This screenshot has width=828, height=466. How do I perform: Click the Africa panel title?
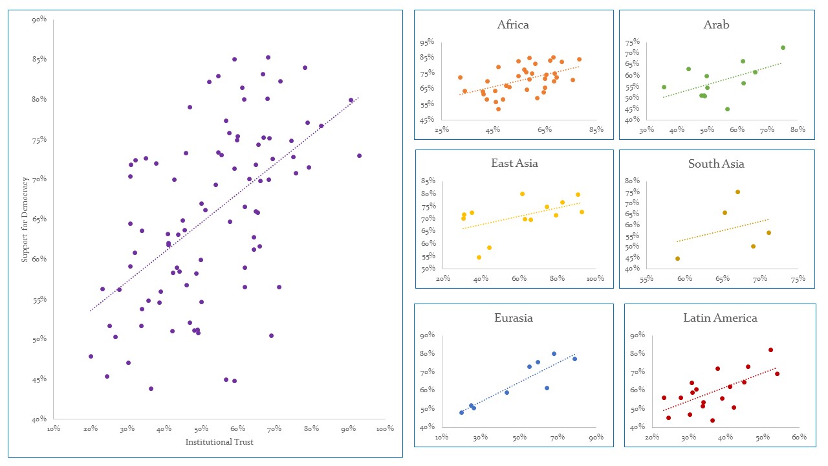coord(513,25)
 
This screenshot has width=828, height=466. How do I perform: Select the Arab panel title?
coord(716,25)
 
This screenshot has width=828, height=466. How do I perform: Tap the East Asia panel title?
coord(514,163)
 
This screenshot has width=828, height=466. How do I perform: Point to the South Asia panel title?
coord(716,164)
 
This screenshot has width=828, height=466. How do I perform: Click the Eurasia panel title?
coord(514,318)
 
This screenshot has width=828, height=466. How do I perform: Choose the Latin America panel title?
coord(720,318)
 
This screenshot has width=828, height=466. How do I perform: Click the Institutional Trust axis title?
coord(219,442)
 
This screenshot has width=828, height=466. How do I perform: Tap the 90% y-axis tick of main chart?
coord(39,19)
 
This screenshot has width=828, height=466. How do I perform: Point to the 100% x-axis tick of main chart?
coord(385,428)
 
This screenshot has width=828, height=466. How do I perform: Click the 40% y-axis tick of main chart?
coord(39,419)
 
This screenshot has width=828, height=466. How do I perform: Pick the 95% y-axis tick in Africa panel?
coord(427,43)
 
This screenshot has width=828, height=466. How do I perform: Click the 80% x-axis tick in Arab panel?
coord(797,130)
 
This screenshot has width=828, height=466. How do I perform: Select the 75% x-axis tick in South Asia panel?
coord(798,279)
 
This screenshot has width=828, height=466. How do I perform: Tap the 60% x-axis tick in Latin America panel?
coord(799,438)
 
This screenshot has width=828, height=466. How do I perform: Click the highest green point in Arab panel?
coord(783,47)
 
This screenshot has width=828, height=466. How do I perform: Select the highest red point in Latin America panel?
coord(770,349)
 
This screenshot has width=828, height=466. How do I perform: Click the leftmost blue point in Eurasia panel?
coord(461,412)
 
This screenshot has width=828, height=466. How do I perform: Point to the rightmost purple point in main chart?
coord(360,155)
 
